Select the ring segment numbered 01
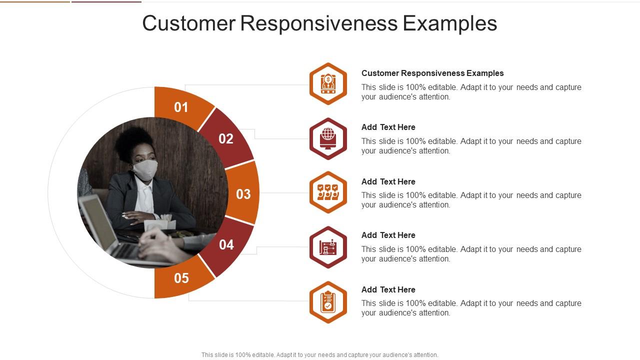point(181,107)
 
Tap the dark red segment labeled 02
point(226,138)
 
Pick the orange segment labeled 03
point(243,193)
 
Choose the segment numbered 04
point(226,244)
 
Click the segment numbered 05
point(181,278)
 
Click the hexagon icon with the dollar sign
point(328,83)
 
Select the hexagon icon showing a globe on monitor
point(328,138)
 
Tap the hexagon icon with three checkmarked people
point(328,192)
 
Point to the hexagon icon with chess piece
point(328,247)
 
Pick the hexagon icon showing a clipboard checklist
point(328,302)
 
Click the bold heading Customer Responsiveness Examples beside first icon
point(432,73)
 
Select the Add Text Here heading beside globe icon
point(388,127)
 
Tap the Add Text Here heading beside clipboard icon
point(388,289)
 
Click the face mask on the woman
point(145,169)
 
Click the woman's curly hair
point(134,140)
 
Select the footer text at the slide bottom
point(319,355)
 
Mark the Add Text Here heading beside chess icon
point(388,235)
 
